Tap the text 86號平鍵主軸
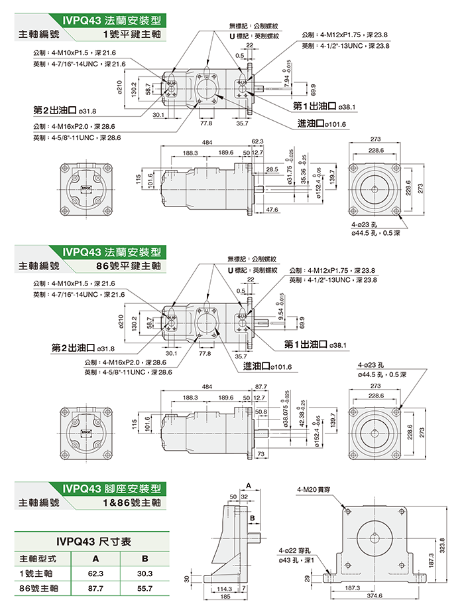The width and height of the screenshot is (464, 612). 129,266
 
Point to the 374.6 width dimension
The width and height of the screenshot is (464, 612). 375,596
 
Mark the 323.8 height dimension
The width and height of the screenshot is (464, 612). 443,543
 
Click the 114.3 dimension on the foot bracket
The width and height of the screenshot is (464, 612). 225,589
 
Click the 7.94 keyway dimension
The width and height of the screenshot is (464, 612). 286,78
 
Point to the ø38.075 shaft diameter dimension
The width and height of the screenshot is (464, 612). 286,410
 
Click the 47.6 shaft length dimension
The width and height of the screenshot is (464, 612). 272,209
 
